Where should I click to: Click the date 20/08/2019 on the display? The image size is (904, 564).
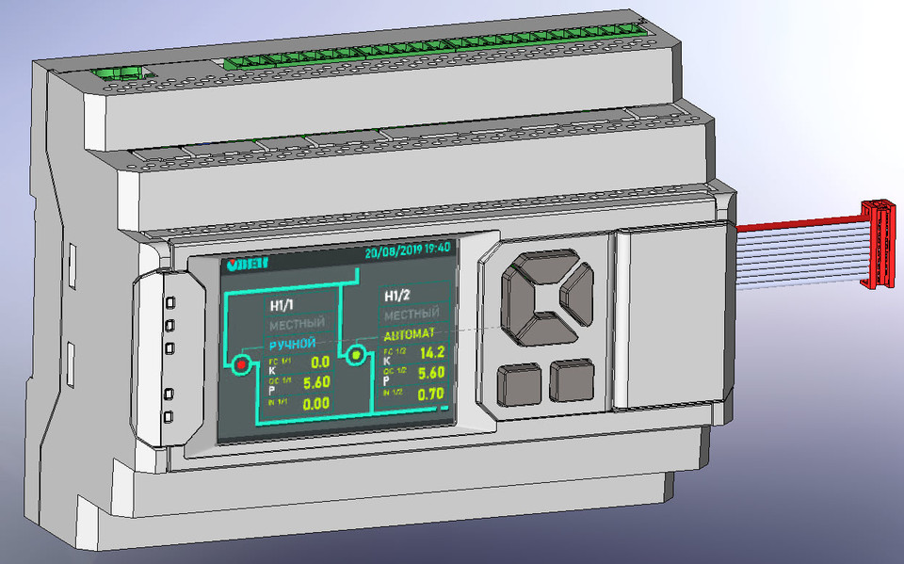point(393,251)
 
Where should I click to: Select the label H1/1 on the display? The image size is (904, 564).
point(283,305)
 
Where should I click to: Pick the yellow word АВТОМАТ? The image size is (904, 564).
point(409,334)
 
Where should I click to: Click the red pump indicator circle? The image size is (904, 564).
point(239,364)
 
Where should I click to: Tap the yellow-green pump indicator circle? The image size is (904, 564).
point(356,355)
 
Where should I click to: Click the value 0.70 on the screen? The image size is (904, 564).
point(430,395)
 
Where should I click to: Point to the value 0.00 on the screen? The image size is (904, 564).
point(315,403)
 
